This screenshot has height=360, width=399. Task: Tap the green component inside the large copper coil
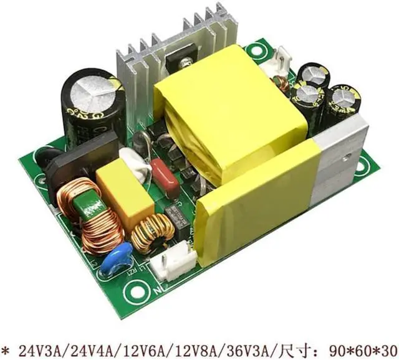coord(85,205)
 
